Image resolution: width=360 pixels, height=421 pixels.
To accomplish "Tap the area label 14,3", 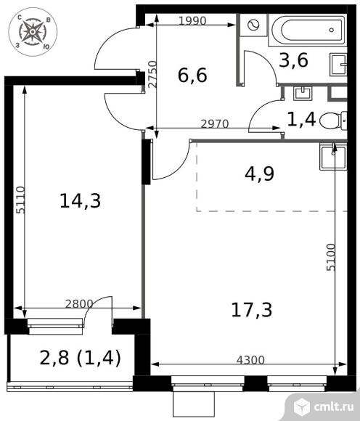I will (x=79, y=201).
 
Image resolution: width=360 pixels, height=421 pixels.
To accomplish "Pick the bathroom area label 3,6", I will (x=294, y=61).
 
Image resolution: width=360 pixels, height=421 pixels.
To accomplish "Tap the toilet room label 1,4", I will (x=302, y=118).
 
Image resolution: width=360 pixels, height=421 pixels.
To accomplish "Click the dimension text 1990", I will (x=192, y=21).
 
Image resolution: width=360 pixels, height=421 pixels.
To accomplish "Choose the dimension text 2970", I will (x=214, y=124).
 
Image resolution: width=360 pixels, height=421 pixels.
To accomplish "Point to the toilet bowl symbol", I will (x=334, y=119).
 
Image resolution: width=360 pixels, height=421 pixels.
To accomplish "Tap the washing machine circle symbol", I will (x=254, y=25).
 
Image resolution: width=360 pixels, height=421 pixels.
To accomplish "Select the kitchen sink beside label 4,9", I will (x=333, y=155).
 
